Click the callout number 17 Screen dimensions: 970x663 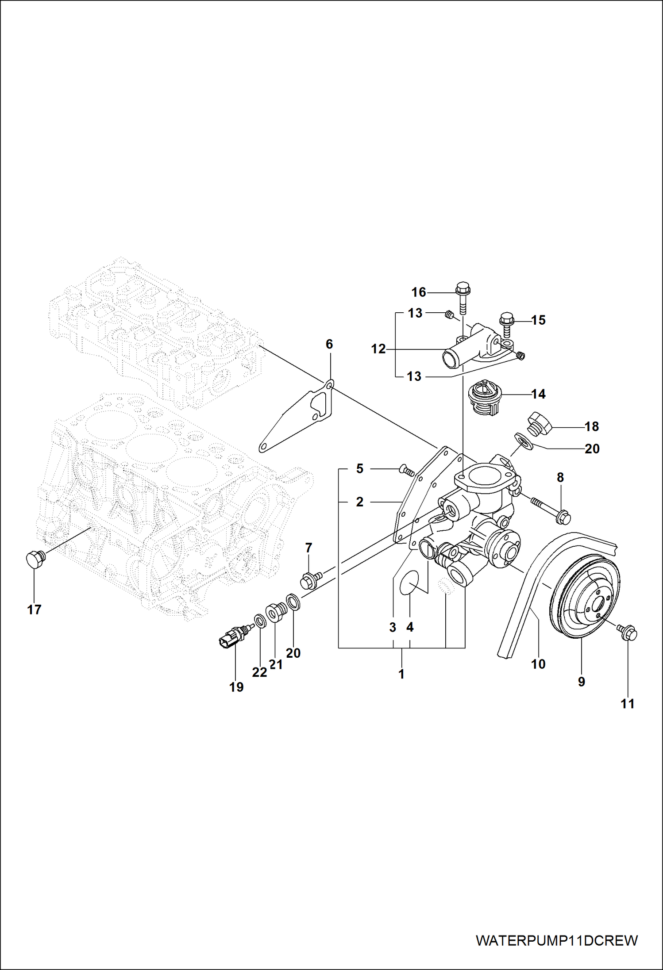34,610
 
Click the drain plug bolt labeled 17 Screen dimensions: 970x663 34,559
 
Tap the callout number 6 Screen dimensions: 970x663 329,344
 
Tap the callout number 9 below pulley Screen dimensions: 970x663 582,681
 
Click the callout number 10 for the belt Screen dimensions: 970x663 538,663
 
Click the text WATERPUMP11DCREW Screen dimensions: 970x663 557,940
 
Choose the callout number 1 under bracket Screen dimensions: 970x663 401,674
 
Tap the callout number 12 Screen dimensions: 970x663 378,349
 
